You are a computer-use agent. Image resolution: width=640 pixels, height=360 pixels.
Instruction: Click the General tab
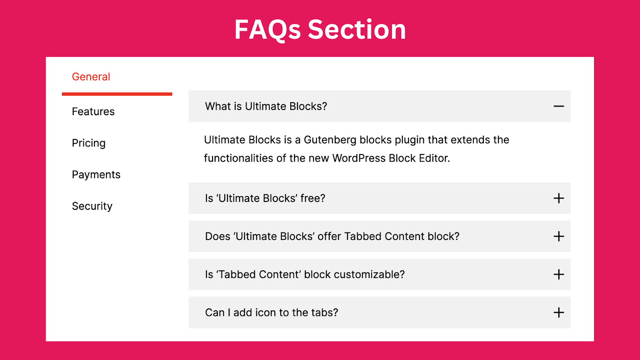91,76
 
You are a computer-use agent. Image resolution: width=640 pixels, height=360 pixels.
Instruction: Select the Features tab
93,112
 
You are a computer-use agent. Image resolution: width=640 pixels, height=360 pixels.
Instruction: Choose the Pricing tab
88,143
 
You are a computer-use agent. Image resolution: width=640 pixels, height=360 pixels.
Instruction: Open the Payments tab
96,174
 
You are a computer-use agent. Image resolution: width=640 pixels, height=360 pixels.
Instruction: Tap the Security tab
92,206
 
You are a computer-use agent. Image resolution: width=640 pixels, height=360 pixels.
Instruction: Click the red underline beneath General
117,94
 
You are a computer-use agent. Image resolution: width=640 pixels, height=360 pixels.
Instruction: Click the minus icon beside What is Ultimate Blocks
558,106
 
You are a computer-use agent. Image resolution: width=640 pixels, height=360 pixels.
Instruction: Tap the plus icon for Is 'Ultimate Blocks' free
558,198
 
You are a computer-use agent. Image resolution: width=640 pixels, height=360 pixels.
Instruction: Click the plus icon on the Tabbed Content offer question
558,236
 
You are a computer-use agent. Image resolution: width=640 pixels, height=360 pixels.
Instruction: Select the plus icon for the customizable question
558,274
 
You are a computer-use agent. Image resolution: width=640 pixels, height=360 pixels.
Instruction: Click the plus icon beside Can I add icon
558,312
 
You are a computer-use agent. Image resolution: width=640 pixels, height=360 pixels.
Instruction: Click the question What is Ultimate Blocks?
266,106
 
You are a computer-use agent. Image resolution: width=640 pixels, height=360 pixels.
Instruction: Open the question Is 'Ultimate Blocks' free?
265,198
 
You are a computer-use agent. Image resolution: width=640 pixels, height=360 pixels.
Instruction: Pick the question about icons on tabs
272,312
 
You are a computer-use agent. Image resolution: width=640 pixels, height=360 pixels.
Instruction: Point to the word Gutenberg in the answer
330,140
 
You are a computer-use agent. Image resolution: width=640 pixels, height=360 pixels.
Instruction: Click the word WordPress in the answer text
359,158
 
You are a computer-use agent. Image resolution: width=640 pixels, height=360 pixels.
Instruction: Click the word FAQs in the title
268,30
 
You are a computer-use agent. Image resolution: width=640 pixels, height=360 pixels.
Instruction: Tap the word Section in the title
357,29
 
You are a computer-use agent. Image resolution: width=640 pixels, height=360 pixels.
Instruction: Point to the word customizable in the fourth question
369,274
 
